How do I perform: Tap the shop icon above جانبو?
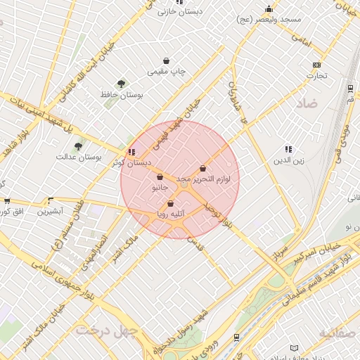point(160,177)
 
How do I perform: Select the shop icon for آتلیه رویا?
point(171,204)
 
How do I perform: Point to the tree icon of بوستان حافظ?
point(122,84)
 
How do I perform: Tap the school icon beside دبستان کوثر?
point(131,151)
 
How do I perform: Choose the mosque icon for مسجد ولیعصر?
point(269,9)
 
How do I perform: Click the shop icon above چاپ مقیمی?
point(166,60)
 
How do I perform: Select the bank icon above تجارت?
point(316,65)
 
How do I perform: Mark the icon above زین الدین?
point(288,149)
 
